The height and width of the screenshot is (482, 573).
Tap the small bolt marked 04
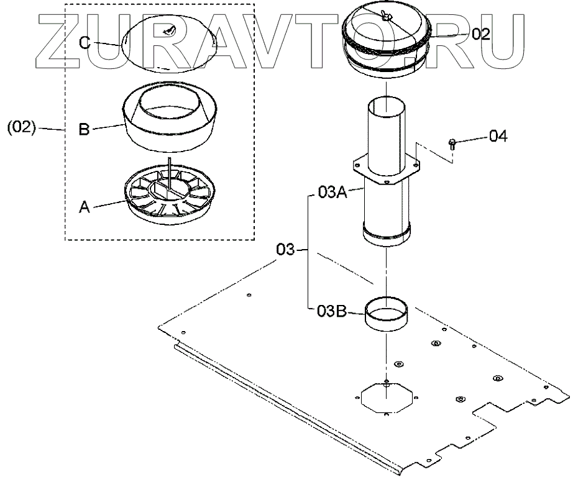pos(452,144)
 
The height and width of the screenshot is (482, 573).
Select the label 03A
pos(332,193)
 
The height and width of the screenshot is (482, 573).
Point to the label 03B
pos(332,311)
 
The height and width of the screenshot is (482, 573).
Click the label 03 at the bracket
pos(285,250)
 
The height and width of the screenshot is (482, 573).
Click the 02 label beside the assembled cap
pos(480,34)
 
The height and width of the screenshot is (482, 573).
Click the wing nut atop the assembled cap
pos(387,16)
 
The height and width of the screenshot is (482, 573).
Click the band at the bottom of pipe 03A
pos(387,237)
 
